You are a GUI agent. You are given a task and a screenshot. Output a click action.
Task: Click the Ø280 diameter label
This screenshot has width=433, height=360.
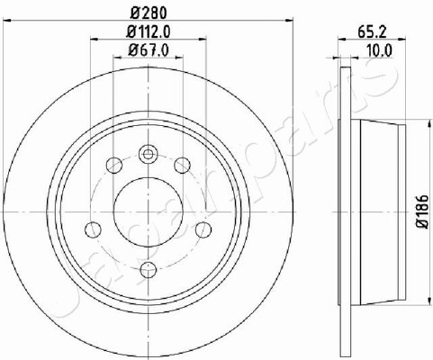pyautogui.click(x=149, y=13)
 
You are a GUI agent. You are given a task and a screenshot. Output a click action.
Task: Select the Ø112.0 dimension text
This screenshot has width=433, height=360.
pyautogui.click(x=149, y=31)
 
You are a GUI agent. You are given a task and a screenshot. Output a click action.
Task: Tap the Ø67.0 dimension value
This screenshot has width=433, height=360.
pyautogui.click(x=149, y=49)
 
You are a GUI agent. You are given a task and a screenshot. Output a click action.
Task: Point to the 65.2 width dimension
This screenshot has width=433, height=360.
pyautogui.click(x=372, y=31)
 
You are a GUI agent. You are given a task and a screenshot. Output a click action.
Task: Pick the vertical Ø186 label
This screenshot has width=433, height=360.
pyautogui.click(x=423, y=211)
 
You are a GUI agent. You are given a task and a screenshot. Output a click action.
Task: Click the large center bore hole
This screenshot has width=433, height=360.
pyautogui.click(x=149, y=211)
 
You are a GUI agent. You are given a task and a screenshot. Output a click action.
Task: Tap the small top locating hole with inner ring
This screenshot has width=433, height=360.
pyautogui.click(x=148, y=155)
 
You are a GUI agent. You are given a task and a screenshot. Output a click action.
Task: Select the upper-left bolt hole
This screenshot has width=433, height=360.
pyautogui.click(x=114, y=166)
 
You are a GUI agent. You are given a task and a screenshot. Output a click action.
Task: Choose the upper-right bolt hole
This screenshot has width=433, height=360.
pyautogui.click(x=182, y=166)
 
